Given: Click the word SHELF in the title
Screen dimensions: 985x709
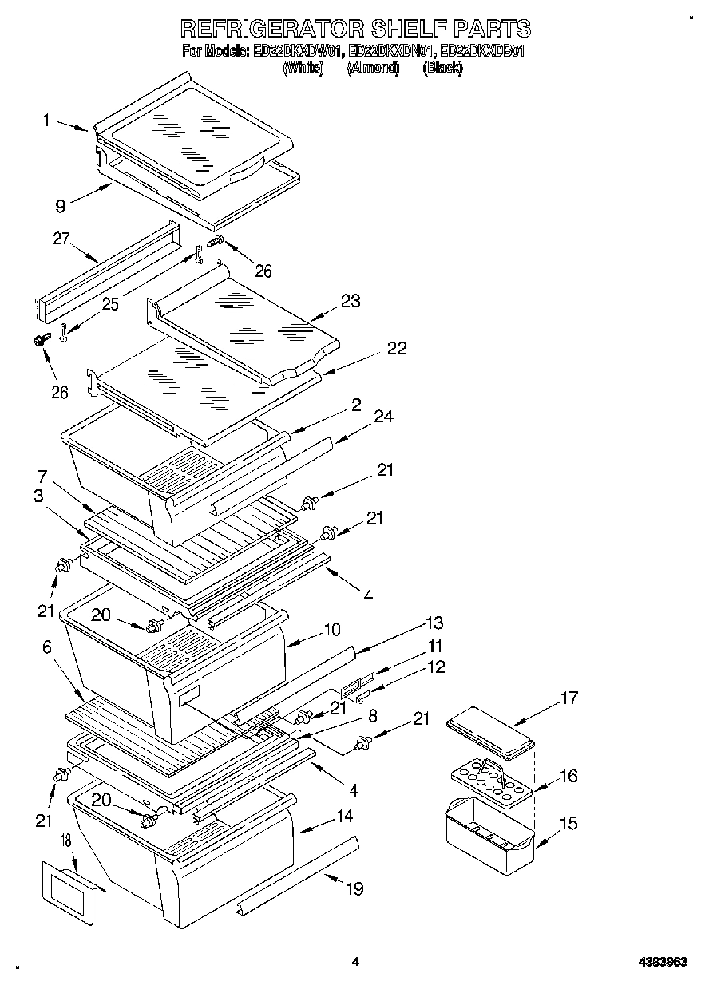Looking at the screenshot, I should (x=409, y=29).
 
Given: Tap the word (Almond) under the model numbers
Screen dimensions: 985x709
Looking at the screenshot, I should (x=373, y=69).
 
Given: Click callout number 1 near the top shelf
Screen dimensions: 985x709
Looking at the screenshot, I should (x=47, y=121).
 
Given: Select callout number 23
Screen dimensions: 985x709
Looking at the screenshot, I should (x=350, y=301).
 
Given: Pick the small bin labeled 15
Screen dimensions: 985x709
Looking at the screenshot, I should (x=489, y=834).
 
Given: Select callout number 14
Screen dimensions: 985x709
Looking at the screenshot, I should (x=344, y=817).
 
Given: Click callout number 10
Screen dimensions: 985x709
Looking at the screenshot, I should (x=331, y=630).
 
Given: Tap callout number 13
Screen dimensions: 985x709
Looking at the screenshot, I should (x=434, y=623).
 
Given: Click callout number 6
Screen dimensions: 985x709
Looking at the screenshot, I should (x=47, y=647).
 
